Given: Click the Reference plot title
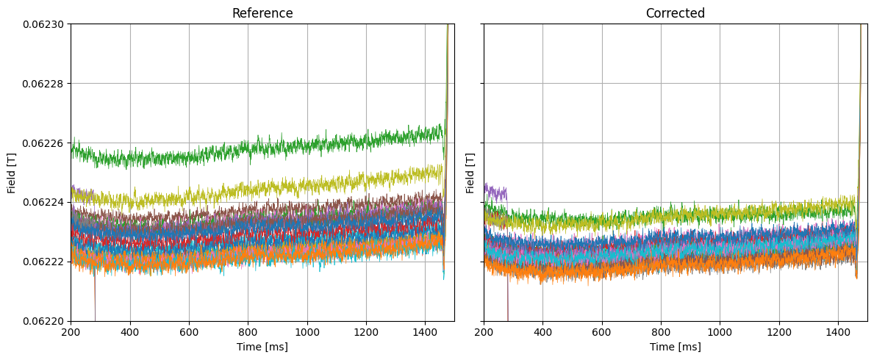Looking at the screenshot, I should click(262, 13).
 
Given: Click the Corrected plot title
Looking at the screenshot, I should click(675, 13).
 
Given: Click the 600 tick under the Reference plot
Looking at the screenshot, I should click(189, 332).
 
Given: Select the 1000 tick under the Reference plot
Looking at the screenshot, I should click(307, 332).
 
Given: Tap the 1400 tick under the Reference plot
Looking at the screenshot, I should click(425, 332).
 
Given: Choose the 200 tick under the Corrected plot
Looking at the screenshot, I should click(484, 332).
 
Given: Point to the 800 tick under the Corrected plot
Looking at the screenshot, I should click(661, 332).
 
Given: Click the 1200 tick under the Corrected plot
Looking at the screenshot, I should click(779, 332).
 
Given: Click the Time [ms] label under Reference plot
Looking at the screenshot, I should click(262, 347).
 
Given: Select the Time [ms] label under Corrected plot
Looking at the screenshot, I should click(675, 347).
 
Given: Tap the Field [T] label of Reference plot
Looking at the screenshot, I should click(12, 173).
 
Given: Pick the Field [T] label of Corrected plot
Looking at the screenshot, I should click(470, 173).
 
